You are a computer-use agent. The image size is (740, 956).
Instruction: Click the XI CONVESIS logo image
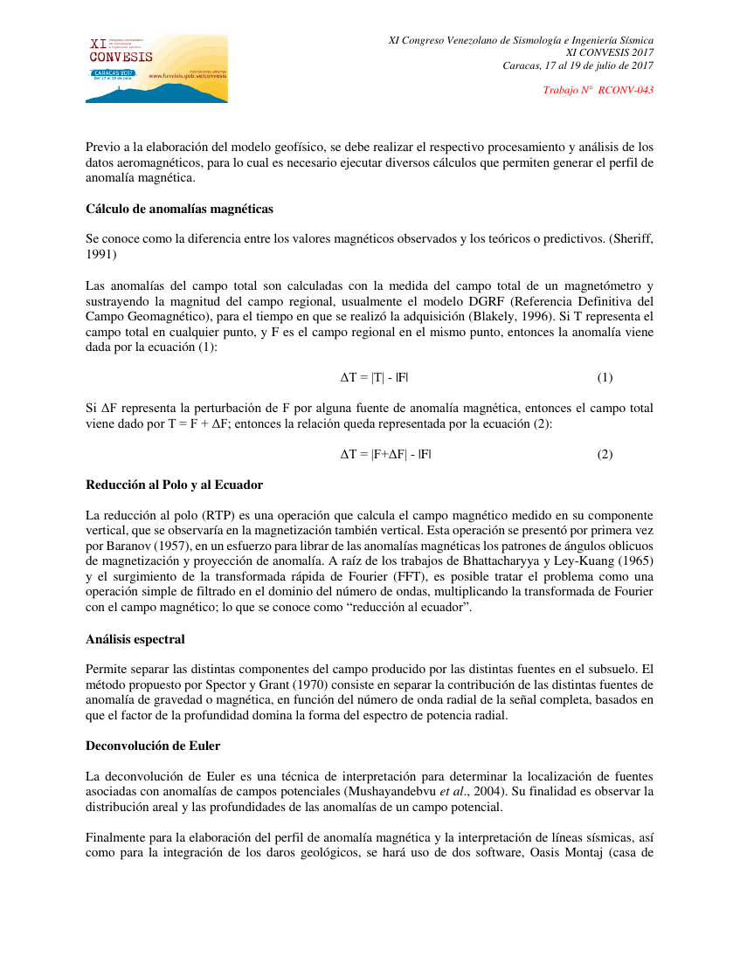pyautogui.click(x=156, y=69)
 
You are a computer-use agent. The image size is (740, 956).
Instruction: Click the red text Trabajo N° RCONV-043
pyautogui.click(x=598, y=90)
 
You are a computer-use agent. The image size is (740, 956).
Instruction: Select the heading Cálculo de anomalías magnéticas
pyautogui.click(x=179, y=209)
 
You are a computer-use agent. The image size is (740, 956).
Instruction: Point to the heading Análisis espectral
pyautogui.click(x=135, y=639)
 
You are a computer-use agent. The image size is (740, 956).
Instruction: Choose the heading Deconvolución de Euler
pyautogui.click(x=153, y=746)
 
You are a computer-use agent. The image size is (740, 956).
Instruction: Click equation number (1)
pyautogui.click(x=605, y=378)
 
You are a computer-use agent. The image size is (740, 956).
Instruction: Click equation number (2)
pyautogui.click(x=605, y=455)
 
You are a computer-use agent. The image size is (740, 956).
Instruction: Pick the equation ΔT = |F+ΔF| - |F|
pyautogui.click(x=385, y=455)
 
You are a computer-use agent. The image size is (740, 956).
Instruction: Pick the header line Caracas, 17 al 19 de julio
pyautogui.click(x=578, y=65)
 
